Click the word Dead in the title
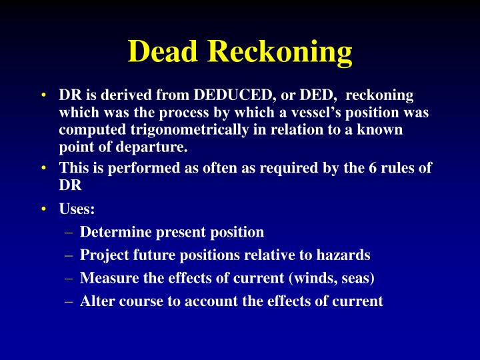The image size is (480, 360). pos(163,51)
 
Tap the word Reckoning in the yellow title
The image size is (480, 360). pos(281,51)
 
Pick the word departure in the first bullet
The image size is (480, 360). pos(155,146)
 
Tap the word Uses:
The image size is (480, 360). pos(77,209)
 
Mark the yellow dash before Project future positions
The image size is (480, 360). pos(69,255)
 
